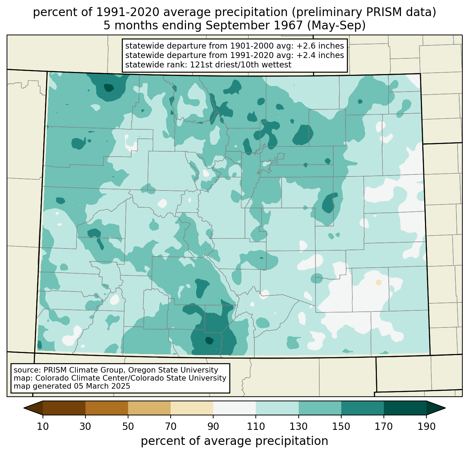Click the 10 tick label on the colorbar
43,426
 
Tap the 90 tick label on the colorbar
213,426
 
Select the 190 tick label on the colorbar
426,426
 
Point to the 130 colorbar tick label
298,426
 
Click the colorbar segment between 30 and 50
106,408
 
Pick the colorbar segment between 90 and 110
234,408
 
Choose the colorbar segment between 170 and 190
405,408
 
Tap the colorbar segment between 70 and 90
192,408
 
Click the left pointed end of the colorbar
24,408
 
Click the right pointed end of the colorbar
445,408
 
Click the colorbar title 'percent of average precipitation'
234,441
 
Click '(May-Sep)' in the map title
336,26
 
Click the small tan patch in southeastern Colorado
379,282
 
